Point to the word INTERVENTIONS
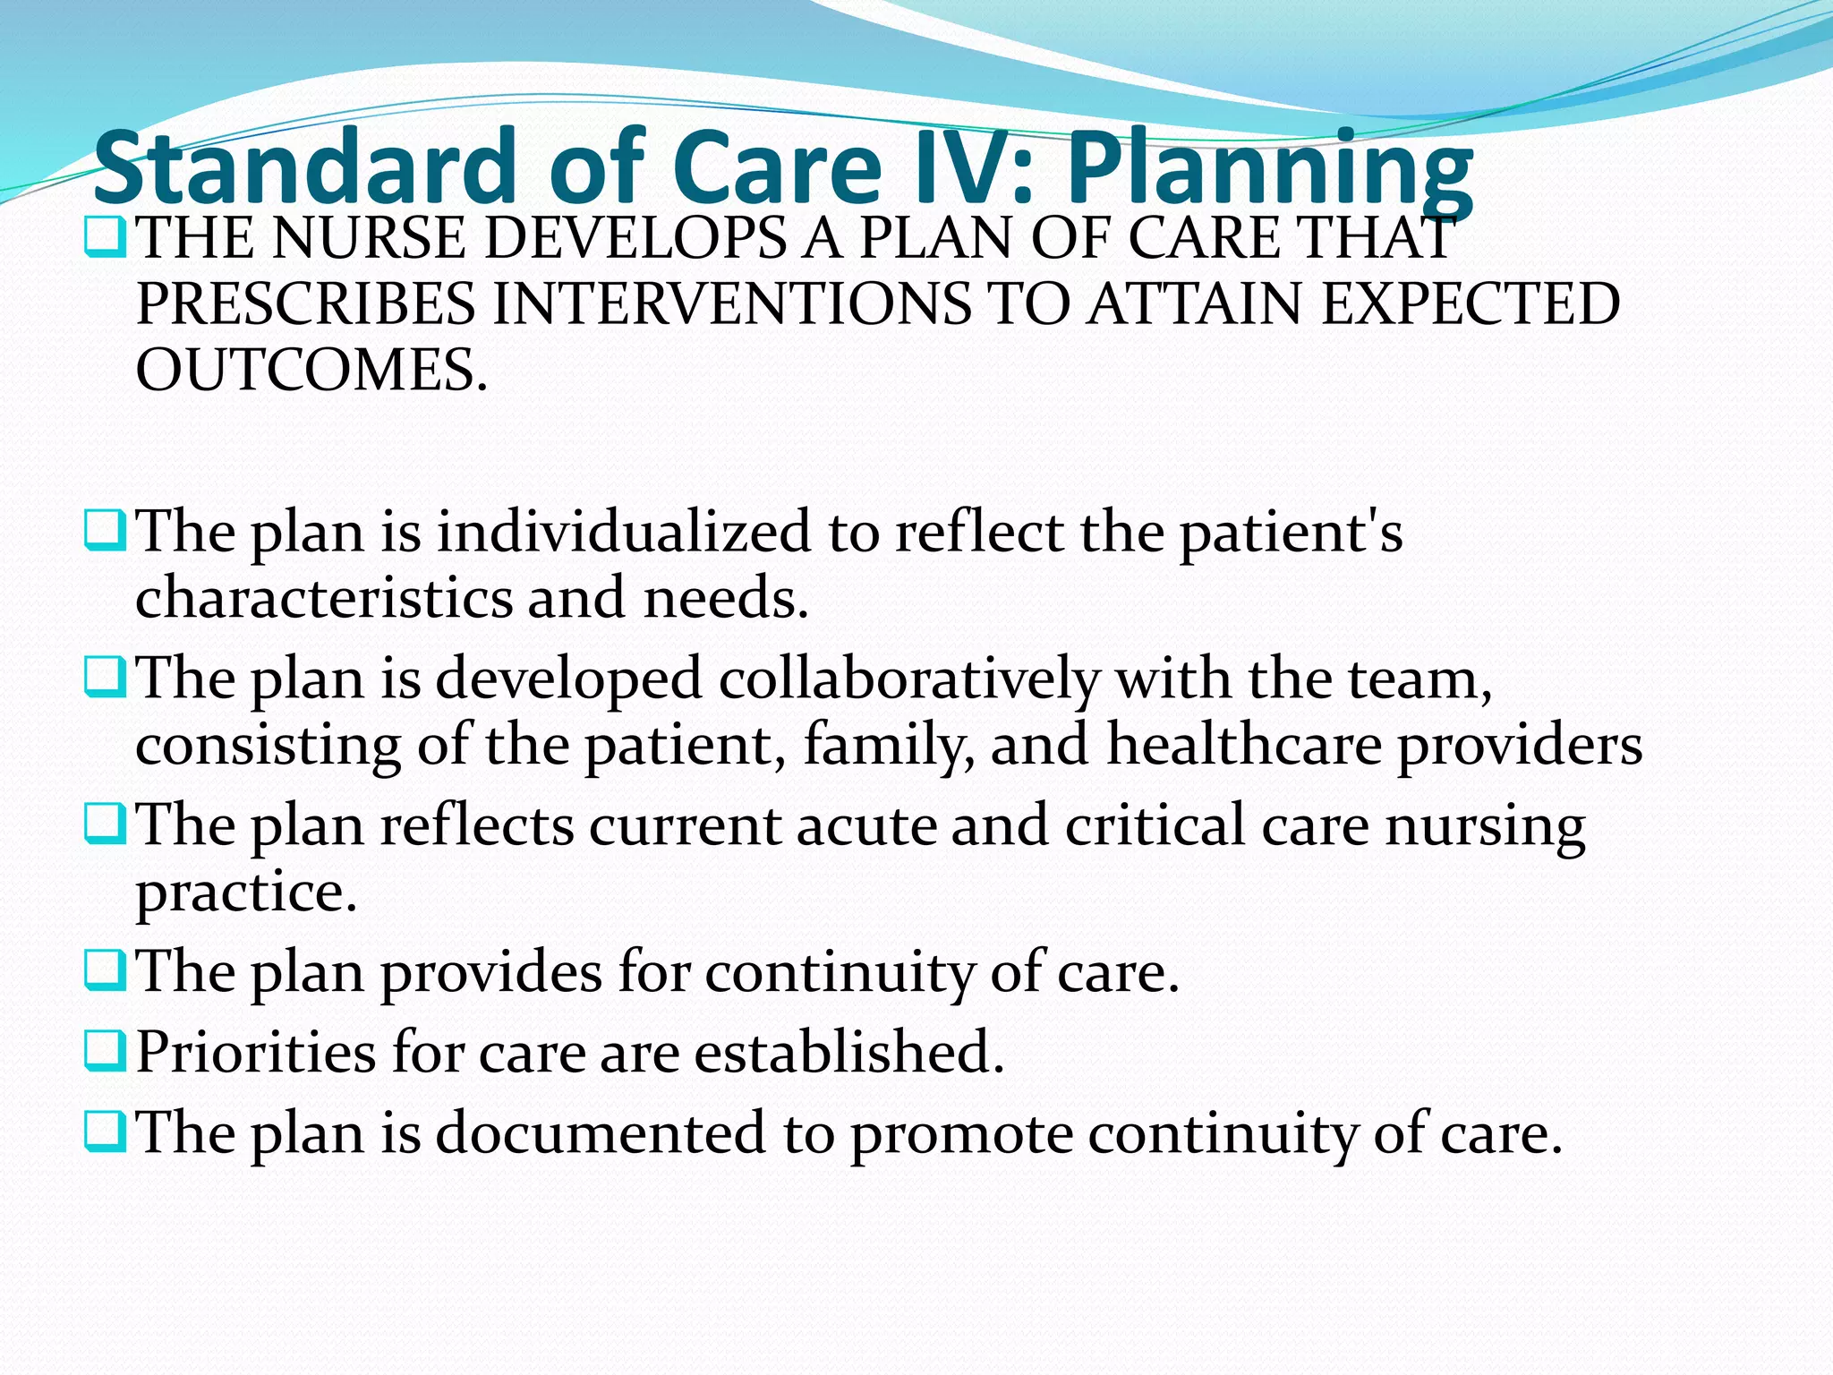click(x=730, y=303)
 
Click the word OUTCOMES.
click(x=311, y=370)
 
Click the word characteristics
click(x=323, y=597)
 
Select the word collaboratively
click(x=908, y=678)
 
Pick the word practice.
click(x=246, y=892)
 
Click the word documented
click(x=601, y=1132)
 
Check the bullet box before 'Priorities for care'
click(x=105, y=1051)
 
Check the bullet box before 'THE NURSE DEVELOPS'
click(x=105, y=238)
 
